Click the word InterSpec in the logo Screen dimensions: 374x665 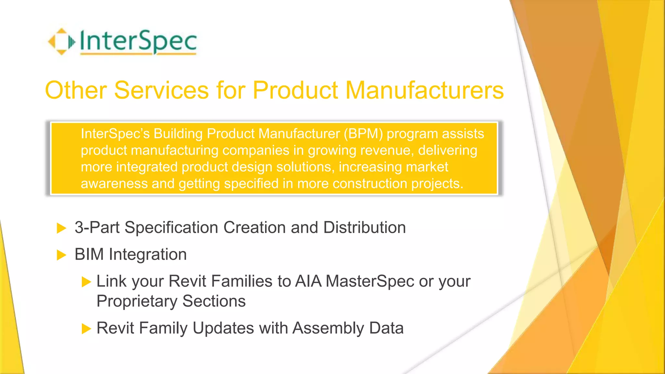[x=138, y=42]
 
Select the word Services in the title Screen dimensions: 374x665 [x=161, y=90]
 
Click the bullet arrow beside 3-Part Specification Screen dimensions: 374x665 [x=61, y=228]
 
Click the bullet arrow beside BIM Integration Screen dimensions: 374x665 [x=61, y=255]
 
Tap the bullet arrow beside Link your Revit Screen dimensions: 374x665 [x=86, y=282]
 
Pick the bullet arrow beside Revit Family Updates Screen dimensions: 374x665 [x=86, y=329]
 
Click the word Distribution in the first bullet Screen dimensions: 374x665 [x=364, y=227]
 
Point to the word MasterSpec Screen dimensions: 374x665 [x=370, y=281]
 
